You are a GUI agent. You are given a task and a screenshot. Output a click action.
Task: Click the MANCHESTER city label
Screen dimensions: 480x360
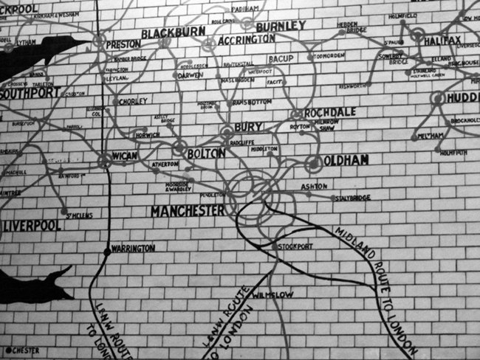point(187,211)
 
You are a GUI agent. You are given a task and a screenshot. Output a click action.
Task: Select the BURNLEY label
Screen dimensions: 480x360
point(281,26)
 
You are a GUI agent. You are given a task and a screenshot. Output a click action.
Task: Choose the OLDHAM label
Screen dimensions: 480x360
point(346,159)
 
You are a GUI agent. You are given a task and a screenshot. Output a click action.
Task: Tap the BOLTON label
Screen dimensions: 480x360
point(205,153)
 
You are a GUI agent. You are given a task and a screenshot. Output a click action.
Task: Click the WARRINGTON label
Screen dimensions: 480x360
point(134,249)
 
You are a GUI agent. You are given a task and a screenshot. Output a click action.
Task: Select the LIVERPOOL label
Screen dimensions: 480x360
point(32,224)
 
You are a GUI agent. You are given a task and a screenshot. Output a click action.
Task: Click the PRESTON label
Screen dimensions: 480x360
point(123,44)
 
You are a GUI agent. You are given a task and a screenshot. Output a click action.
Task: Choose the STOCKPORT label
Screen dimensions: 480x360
point(295,246)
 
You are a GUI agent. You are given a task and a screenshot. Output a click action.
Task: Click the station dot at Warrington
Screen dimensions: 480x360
point(107,252)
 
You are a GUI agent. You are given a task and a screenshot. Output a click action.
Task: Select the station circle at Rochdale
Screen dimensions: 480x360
point(297,114)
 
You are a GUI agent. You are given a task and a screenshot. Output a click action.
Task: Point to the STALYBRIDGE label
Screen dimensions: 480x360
point(352,198)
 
